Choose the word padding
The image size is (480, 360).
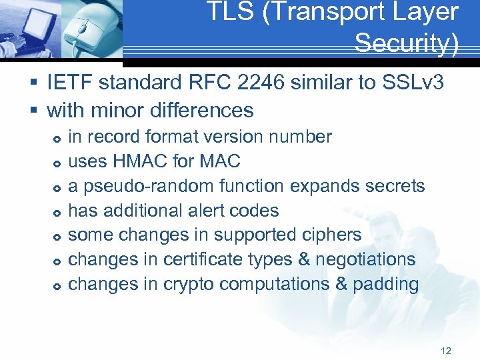pos(386,285)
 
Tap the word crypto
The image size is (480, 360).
pos(187,285)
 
